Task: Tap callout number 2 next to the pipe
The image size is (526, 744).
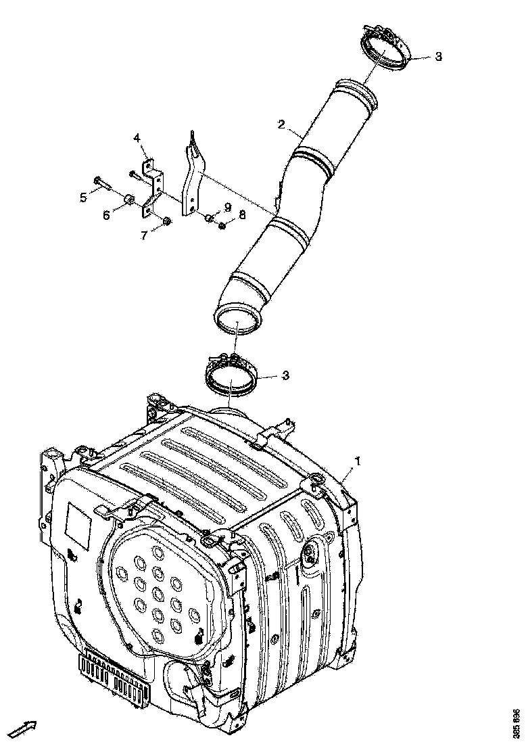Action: tap(281, 124)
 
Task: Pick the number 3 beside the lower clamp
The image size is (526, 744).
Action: tap(286, 375)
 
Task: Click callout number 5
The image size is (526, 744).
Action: tap(84, 197)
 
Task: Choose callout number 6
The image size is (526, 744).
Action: tap(106, 215)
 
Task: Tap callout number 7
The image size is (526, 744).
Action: tap(143, 235)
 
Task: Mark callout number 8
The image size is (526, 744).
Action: tap(242, 214)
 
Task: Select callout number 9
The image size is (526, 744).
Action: tap(228, 206)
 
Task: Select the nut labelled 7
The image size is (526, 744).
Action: tap(167, 220)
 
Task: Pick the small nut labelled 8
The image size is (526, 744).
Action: tap(222, 225)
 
